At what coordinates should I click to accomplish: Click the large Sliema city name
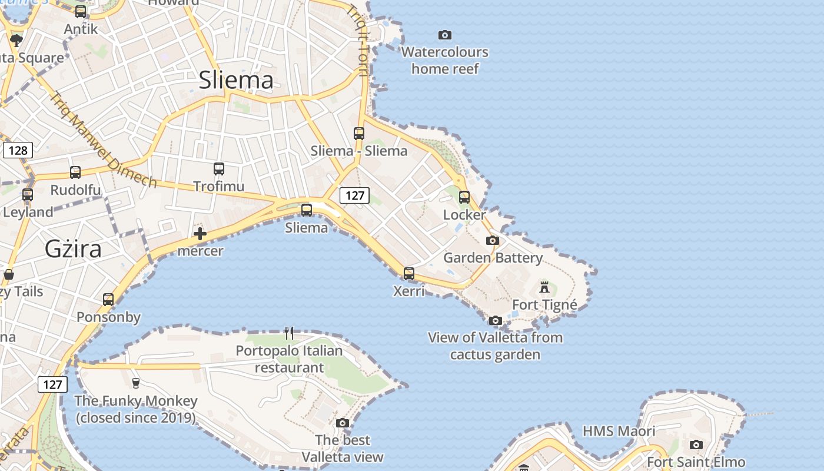(x=236, y=80)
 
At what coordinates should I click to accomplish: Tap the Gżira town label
(x=73, y=249)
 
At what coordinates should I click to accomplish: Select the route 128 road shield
(x=18, y=150)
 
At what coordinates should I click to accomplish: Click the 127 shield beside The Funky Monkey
(x=52, y=384)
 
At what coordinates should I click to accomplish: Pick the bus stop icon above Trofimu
(x=219, y=169)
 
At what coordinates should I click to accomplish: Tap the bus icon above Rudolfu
(x=75, y=173)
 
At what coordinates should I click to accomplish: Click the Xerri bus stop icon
(x=408, y=274)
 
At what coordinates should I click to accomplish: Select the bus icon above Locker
(x=464, y=197)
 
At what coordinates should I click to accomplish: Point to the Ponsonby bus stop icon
(x=108, y=300)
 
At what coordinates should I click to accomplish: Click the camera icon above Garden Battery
(x=493, y=240)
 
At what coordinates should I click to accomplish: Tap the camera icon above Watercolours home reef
(x=445, y=35)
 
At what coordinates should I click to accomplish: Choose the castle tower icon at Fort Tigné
(x=544, y=287)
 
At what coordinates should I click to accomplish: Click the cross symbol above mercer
(x=200, y=234)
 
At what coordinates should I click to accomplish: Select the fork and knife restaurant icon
(x=289, y=333)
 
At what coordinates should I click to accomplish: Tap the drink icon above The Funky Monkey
(x=136, y=383)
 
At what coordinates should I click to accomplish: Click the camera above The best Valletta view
(x=343, y=423)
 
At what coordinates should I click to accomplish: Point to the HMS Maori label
(x=619, y=431)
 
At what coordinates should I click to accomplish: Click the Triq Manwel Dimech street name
(x=103, y=140)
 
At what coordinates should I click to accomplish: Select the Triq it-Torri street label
(x=357, y=41)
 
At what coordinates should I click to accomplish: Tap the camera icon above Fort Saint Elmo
(x=696, y=445)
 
